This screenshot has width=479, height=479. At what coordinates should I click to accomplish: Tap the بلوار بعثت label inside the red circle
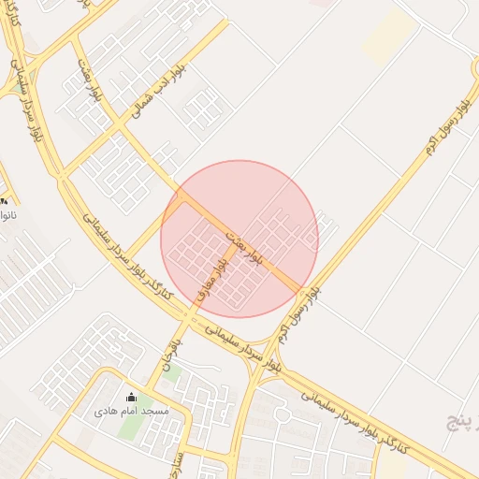[x=245, y=240]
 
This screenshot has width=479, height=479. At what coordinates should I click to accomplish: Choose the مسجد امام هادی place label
[x=131, y=411]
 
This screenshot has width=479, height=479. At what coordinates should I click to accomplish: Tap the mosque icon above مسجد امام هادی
[x=130, y=396]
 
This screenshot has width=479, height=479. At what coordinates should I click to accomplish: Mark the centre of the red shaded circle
[x=239, y=239]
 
